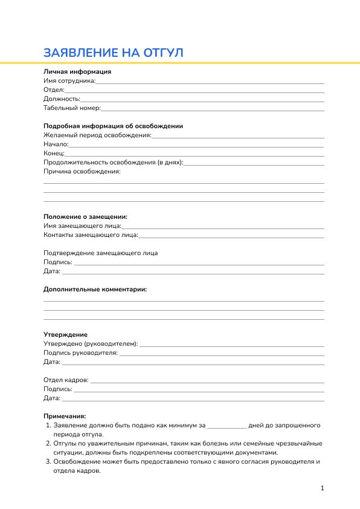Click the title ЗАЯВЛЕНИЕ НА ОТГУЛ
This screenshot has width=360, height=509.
(x=113, y=53)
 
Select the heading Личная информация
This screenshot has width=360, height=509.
(x=77, y=71)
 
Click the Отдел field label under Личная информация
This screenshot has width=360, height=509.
(x=54, y=89)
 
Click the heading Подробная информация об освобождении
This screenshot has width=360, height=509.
(x=113, y=126)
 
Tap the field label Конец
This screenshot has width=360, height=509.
(x=54, y=154)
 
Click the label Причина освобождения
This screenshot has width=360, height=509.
(x=82, y=172)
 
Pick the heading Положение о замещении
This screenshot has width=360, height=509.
(x=85, y=216)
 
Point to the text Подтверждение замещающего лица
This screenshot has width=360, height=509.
(x=100, y=253)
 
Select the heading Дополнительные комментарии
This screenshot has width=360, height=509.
(x=95, y=289)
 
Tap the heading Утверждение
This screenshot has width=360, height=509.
(x=65, y=334)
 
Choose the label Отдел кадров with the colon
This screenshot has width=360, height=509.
(x=66, y=380)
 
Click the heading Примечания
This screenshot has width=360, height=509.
(x=65, y=416)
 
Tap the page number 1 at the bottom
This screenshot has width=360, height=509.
(x=323, y=488)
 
